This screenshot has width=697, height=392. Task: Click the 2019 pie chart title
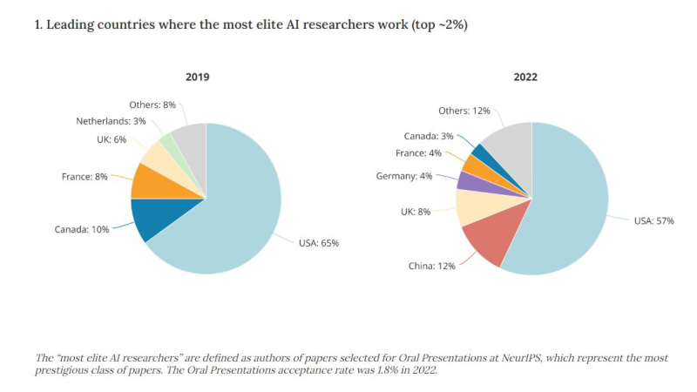[x=198, y=77]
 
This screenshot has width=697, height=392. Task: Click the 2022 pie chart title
[x=525, y=77]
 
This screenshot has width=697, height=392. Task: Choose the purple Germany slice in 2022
[x=466, y=181]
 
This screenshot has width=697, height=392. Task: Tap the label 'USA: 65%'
[x=318, y=243]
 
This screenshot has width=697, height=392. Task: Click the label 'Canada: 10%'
[x=83, y=230]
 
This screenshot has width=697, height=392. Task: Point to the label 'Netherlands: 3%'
[x=111, y=121]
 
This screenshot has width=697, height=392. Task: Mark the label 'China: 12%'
[x=432, y=266]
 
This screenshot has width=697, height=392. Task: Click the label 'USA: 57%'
[x=653, y=221]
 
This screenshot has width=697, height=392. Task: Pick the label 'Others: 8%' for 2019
[x=152, y=105]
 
